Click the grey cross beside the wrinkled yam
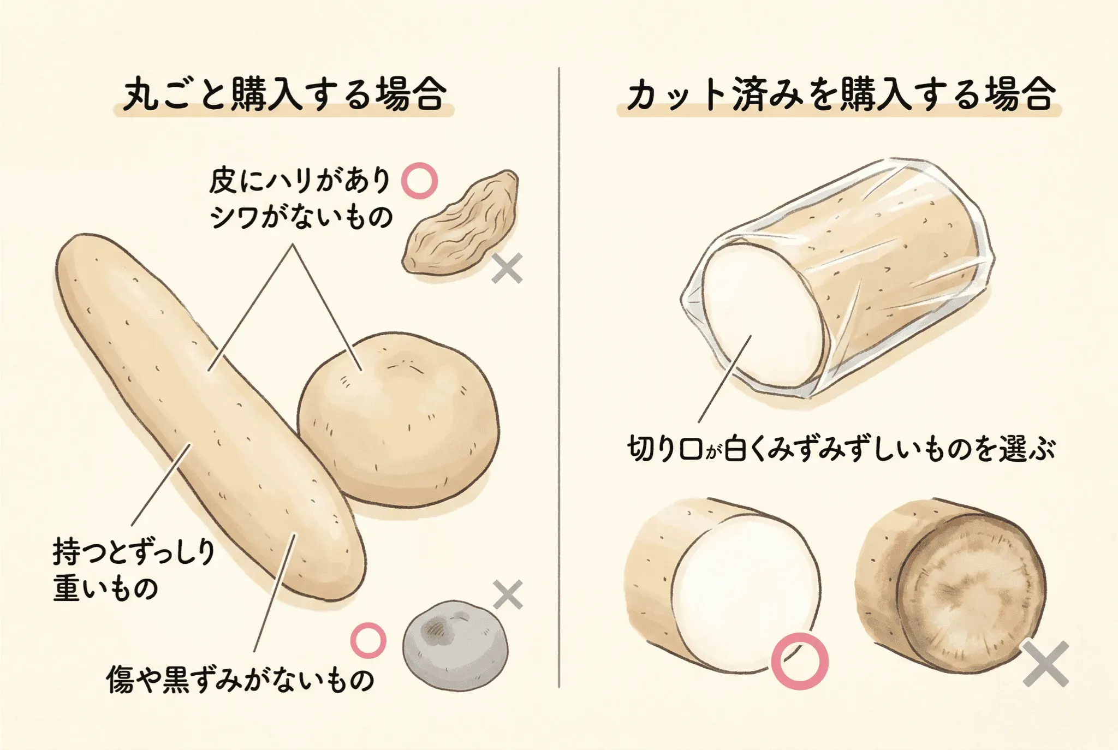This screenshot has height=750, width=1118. point(507,268)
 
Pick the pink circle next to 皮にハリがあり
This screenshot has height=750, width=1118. point(419,181)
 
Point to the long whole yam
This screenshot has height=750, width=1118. point(210,418)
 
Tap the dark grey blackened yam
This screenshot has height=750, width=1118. point(455,646)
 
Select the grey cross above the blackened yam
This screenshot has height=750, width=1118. point(508,594)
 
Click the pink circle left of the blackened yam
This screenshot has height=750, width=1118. point(368,640)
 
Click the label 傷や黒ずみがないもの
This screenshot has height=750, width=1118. point(240,680)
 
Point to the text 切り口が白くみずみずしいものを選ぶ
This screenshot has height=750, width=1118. point(841,449)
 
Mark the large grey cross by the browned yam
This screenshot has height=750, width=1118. point(1045,664)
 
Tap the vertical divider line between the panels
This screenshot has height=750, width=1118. point(559,377)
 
